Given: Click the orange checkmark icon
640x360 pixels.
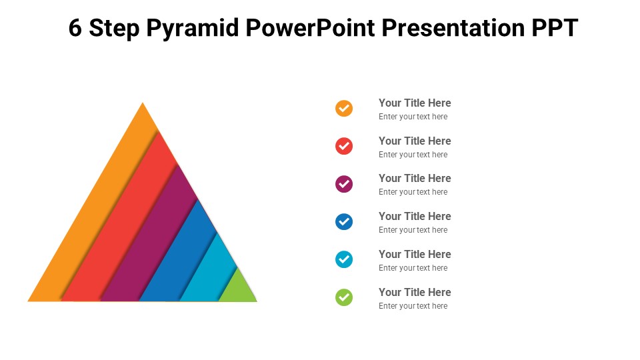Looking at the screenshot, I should tap(344, 108).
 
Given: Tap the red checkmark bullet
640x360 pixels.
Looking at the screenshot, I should tap(344, 145).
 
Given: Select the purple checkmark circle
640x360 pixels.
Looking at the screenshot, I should tap(344, 183).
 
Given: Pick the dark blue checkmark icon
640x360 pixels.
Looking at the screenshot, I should tap(344, 221).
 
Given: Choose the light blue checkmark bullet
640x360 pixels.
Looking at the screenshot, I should tap(344, 259).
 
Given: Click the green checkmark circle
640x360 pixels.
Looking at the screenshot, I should tap(344, 297).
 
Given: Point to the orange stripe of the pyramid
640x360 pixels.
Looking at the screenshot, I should tap(93, 220).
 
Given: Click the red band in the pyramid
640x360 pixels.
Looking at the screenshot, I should tap(123, 233).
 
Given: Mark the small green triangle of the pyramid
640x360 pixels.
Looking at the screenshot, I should tap(238, 289).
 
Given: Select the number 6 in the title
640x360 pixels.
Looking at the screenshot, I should tap(75, 28).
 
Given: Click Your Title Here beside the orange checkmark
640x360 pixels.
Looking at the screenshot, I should tap(415, 103).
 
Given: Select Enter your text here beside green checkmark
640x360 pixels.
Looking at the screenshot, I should tap(413, 306).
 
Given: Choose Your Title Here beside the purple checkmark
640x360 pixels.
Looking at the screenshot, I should tap(415, 178).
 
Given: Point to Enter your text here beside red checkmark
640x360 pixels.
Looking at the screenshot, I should tap(413, 155).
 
